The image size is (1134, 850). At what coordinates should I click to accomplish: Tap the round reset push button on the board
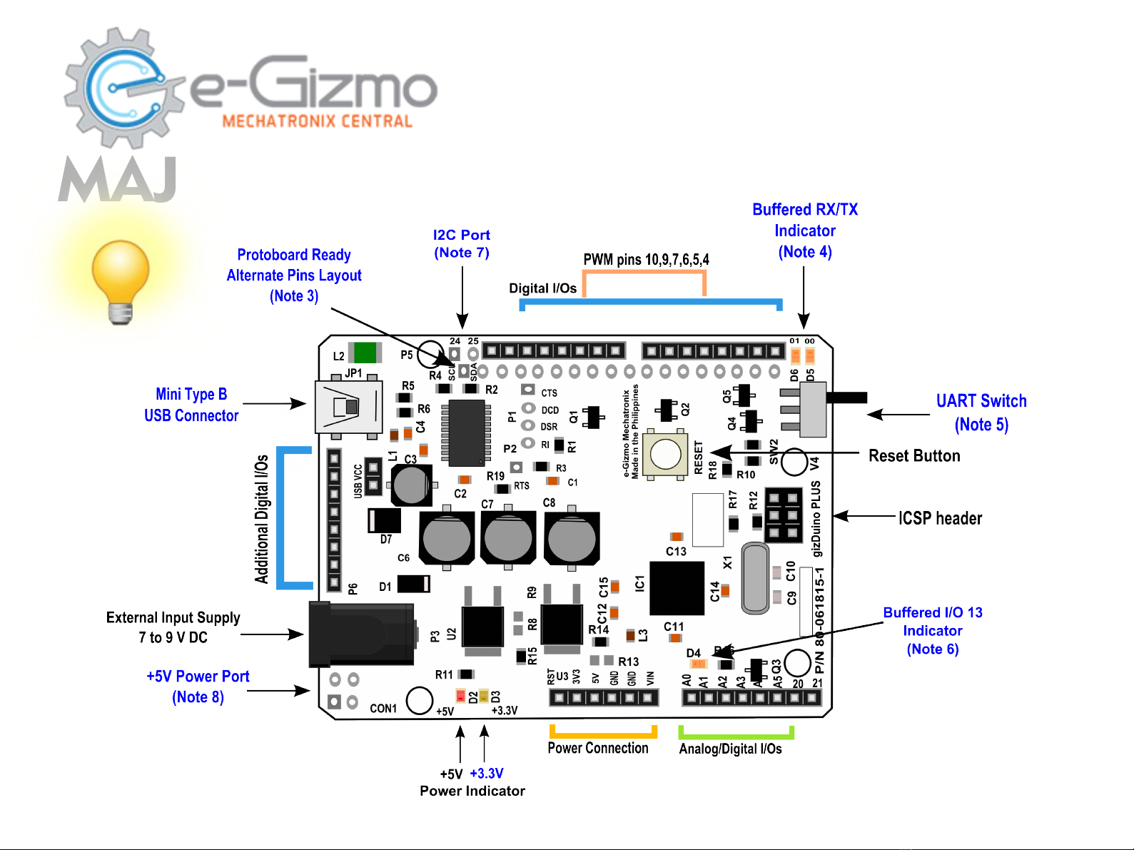665,454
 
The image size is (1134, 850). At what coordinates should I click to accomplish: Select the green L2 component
365,353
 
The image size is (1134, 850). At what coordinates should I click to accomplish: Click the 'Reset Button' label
913,456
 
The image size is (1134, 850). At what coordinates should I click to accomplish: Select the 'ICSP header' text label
940,518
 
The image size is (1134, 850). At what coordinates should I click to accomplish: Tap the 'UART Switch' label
981,401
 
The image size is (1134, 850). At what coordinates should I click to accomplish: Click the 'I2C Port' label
462,235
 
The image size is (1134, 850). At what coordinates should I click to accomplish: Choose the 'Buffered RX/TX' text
805,210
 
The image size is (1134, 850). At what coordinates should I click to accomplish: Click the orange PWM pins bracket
644,273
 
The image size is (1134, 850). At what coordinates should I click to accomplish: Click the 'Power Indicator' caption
472,791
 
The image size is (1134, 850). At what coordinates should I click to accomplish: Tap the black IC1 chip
677,588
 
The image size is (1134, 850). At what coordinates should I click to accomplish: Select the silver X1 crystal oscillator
755,578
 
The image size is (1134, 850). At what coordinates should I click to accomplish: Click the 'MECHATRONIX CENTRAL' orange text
318,121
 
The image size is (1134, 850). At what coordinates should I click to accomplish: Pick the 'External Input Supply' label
173,617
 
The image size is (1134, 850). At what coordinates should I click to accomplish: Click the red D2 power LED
460,696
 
